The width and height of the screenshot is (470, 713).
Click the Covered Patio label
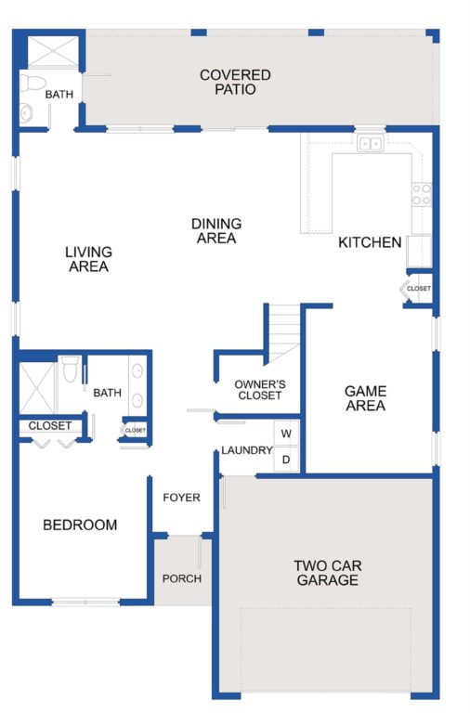[x=235, y=82]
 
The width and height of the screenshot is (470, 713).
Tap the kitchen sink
[x=370, y=144]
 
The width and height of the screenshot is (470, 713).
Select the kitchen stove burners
[x=422, y=194]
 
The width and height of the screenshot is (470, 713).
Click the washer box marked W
[x=286, y=434]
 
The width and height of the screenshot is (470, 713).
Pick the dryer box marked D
[x=286, y=460]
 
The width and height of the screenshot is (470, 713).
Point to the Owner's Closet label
[x=260, y=390]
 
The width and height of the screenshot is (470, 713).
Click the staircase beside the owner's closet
[x=284, y=333]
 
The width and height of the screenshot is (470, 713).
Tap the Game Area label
[x=365, y=398]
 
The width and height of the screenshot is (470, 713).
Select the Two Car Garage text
[x=328, y=573]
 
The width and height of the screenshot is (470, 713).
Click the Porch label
[x=182, y=578]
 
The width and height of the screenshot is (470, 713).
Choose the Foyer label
[x=181, y=498]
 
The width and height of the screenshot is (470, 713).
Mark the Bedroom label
[x=80, y=525]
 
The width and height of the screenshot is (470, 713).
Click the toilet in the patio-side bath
[x=33, y=84]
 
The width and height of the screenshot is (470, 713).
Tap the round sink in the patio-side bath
[x=26, y=112]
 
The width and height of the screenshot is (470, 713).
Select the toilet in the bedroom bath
[x=70, y=369]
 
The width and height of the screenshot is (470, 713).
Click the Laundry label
[x=247, y=450]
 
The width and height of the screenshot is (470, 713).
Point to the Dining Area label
[x=216, y=230]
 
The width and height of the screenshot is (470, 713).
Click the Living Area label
[x=88, y=259]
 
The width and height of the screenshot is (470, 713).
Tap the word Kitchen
[x=370, y=242]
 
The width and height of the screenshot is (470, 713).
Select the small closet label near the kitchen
[x=419, y=289]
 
